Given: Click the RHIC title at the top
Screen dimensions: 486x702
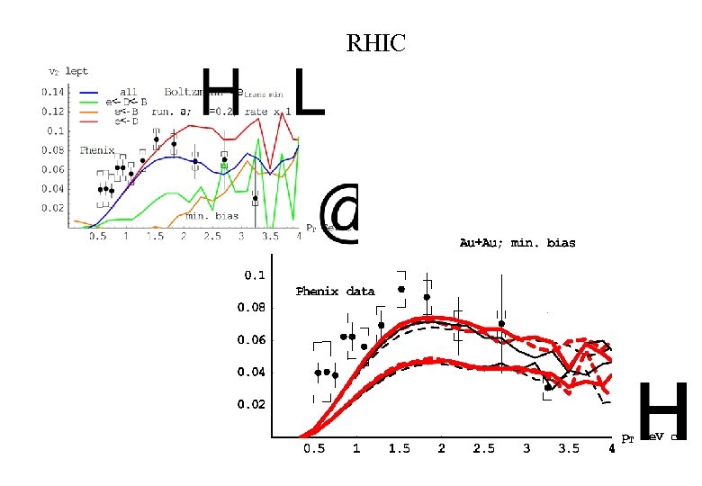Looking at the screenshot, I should [376, 42].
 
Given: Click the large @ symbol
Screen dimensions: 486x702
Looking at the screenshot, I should [339, 215].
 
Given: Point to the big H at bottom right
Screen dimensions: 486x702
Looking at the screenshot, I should [662, 411].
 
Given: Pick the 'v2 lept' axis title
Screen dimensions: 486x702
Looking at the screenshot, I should [67, 71].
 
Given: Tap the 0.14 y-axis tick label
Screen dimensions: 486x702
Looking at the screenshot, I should [53, 92].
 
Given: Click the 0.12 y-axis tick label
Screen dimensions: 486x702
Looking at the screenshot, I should [53, 112].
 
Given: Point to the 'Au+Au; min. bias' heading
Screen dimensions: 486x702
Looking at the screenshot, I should [517, 243].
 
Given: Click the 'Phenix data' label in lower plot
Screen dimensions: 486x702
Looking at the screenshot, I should [335, 291].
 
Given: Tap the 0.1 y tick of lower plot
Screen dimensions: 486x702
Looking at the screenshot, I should [256, 275].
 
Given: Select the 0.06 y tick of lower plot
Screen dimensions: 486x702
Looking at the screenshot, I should [251, 340].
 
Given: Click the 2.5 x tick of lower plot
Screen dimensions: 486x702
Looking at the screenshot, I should [484, 448].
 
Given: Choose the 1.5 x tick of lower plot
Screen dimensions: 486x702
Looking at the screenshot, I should [400, 448].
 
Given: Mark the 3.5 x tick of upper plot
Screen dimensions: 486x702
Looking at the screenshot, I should [268, 237].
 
